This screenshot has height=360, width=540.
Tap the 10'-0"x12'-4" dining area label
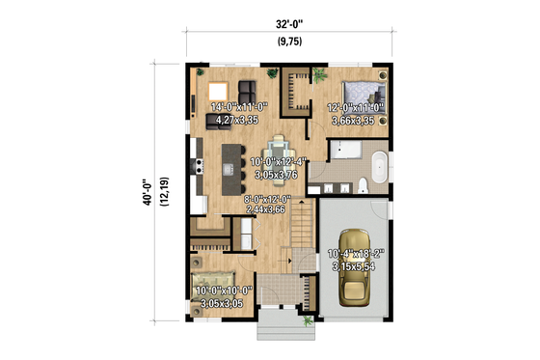278,169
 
